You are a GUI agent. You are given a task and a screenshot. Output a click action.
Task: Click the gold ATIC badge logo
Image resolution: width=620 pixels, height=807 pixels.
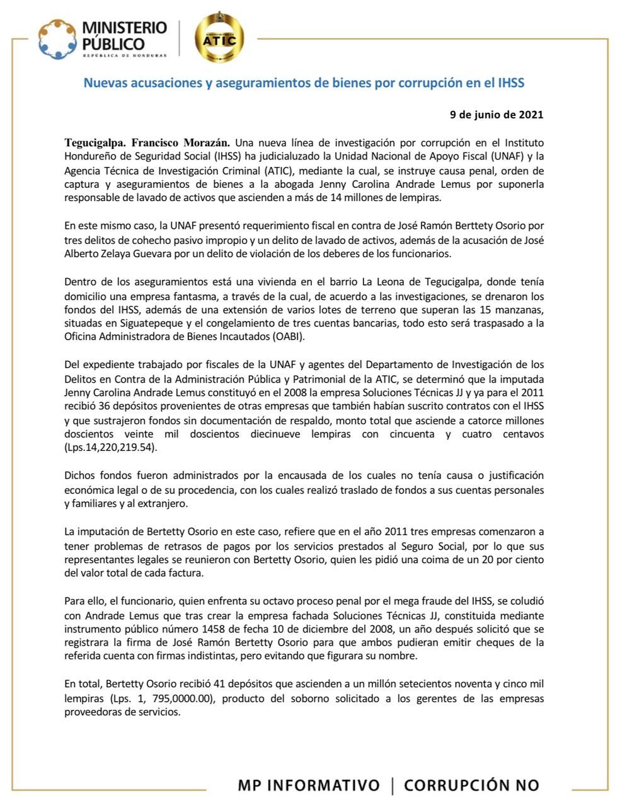click(x=220, y=40)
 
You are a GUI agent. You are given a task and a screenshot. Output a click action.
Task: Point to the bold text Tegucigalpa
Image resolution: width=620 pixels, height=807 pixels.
click(x=95, y=142)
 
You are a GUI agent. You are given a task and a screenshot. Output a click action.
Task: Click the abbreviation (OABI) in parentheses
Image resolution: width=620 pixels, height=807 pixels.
click(x=289, y=337)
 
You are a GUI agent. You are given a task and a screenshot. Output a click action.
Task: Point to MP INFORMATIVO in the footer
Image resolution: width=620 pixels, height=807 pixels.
click(x=309, y=785)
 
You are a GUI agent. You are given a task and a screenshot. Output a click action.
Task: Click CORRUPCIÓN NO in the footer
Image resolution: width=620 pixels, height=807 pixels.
click(x=471, y=785)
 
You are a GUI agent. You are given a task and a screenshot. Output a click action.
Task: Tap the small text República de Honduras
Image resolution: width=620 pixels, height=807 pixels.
click(x=125, y=55)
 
